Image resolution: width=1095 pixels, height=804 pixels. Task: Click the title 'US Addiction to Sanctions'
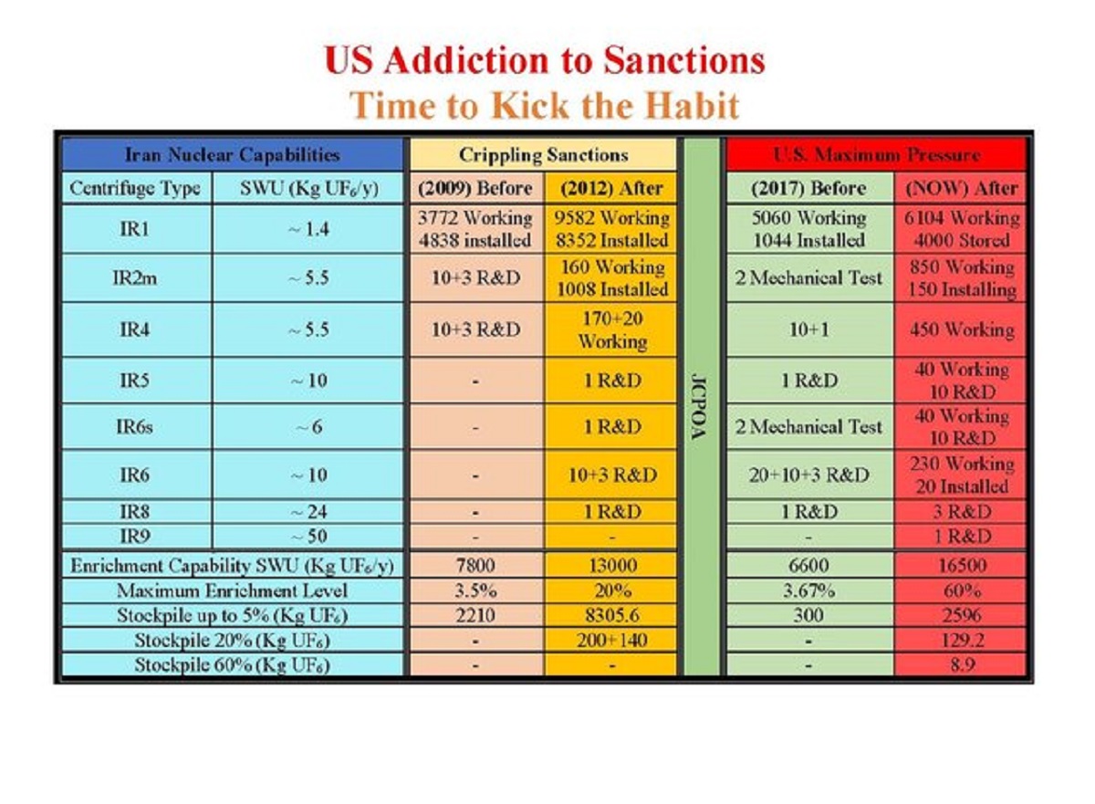pyautogui.click(x=544, y=61)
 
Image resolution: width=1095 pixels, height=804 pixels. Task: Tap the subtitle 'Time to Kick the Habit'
pyautogui.click(x=544, y=105)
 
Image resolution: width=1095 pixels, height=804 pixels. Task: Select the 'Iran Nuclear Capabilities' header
pyautogui.click(x=232, y=155)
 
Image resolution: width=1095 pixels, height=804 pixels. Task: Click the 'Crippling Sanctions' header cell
pyautogui.click(x=543, y=155)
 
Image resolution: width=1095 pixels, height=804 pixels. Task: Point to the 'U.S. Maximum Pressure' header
pyautogui.click(x=876, y=155)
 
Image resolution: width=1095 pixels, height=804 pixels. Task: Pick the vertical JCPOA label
pyautogui.click(x=702, y=406)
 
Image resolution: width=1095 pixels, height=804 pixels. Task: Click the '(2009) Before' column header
pyautogui.click(x=475, y=189)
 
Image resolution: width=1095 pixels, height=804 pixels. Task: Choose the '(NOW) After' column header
pyautogui.click(x=961, y=189)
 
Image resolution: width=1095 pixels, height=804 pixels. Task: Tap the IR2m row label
pyautogui.click(x=134, y=278)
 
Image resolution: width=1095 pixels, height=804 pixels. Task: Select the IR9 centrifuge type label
pyautogui.click(x=134, y=536)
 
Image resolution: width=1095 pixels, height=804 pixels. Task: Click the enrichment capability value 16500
pyautogui.click(x=961, y=566)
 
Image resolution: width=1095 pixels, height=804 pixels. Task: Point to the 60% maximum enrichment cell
pyautogui.click(x=961, y=590)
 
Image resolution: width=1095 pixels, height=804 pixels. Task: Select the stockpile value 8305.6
pyautogui.click(x=610, y=615)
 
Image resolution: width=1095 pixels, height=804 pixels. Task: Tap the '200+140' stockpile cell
pyautogui.click(x=610, y=640)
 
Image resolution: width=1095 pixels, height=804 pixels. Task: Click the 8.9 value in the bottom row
pyautogui.click(x=961, y=664)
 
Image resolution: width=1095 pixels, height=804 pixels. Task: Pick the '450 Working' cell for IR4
pyautogui.click(x=961, y=330)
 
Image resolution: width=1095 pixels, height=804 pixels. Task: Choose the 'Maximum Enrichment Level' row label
pyautogui.click(x=232, y=590)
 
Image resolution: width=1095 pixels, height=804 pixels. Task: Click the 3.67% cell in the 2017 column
pyautogui.click(x=808, y=590)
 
